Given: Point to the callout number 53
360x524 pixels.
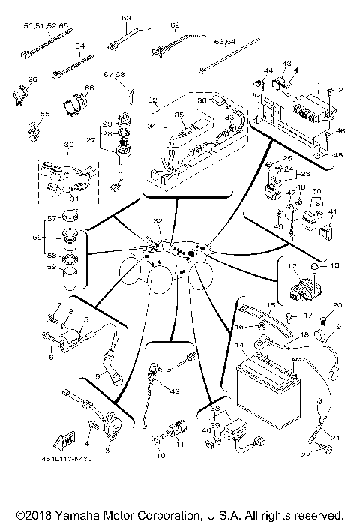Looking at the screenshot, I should coord(125,17).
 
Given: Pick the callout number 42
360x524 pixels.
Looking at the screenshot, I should coord(175,391).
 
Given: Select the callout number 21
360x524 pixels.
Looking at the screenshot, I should coord(335,439).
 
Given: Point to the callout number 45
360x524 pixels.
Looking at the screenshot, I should coord(339,155).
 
